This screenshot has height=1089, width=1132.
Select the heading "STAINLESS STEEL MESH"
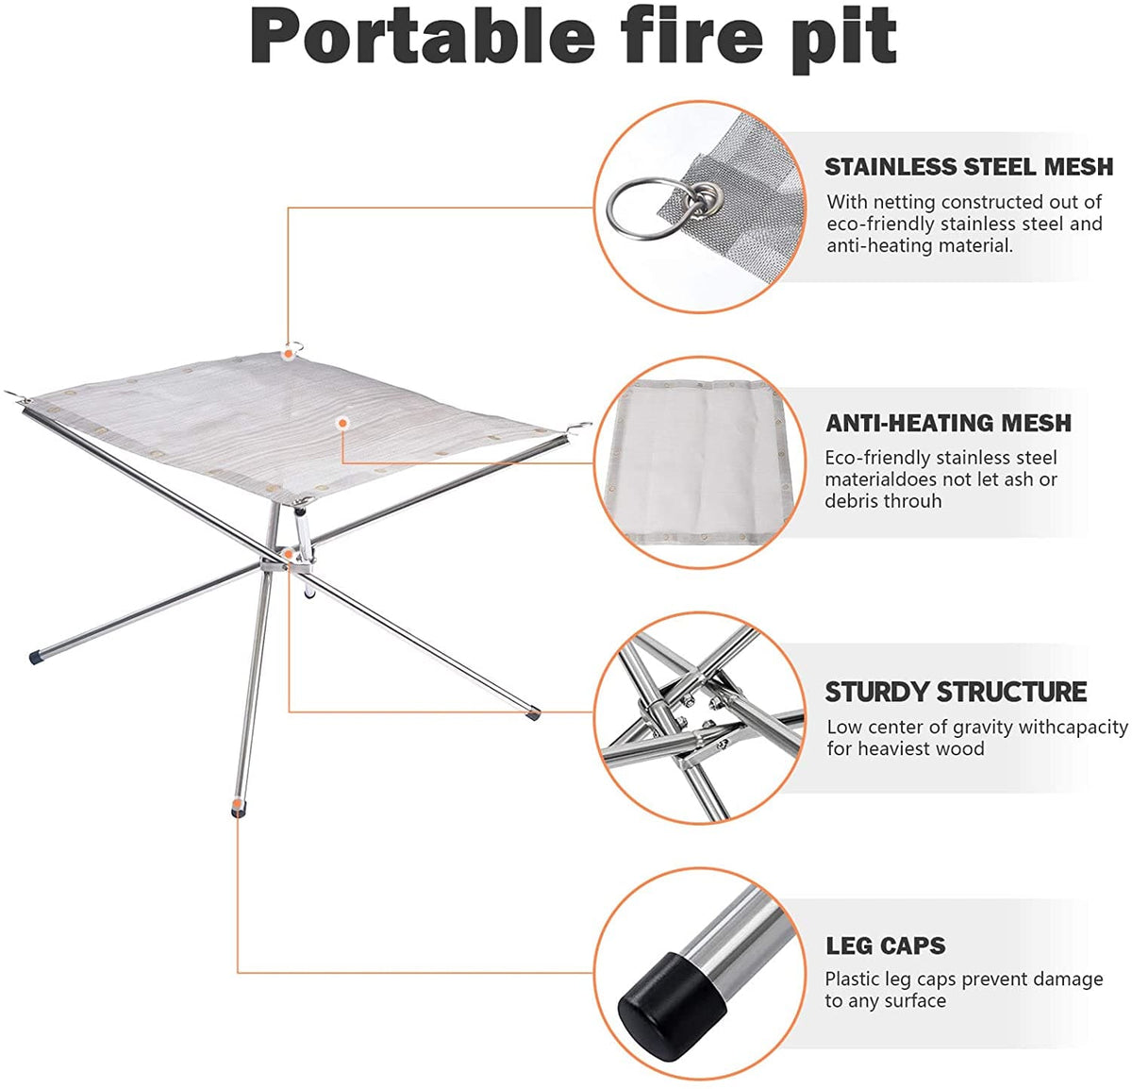click(x=969, y=167)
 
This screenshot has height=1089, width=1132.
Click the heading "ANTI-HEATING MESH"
click(x=948, y=423)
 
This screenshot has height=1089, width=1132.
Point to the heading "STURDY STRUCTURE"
click(x=956, y=692)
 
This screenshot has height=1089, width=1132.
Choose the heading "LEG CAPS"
click(x=885, y=946)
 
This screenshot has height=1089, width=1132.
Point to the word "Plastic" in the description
click(x=853, y=980)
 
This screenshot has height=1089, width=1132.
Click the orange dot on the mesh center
click(x=342, y=424)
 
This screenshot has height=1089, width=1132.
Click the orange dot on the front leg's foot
click(x=236, y=808)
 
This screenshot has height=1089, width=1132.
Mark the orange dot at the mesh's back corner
click(x=287, y=353)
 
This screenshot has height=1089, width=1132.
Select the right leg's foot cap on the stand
click(x=534, y=713)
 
